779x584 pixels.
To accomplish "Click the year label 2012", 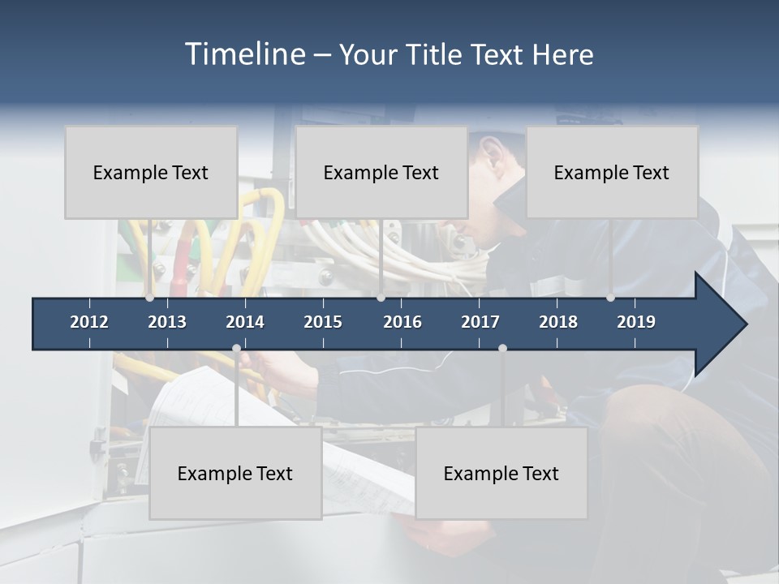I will click(89, 322).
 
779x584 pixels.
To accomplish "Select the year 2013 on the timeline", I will click(167, 322).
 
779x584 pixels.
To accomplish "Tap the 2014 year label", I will click(245, 322).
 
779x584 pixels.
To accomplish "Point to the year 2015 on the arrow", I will click(323, 322).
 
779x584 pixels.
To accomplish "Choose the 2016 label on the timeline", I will click(402, 322).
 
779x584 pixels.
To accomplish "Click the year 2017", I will click(480, 322).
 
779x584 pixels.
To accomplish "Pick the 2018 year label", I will click(558, 322).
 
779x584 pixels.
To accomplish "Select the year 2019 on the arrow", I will click(636, 322).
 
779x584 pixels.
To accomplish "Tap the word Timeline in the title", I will click(244, 54).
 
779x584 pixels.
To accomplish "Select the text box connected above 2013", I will click(151, 172).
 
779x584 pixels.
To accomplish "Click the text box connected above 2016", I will click(381, 172).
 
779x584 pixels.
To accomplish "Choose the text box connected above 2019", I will click(612, 172).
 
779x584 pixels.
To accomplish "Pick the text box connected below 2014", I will click(235, 473).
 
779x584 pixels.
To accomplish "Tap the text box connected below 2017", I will click(501, 473).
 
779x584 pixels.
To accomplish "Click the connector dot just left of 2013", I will click(149, 298).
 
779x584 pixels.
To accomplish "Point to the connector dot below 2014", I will click(236, 349).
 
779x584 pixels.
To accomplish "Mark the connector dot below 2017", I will click(502, 349).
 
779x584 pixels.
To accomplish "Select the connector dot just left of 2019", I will click(610, 298).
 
